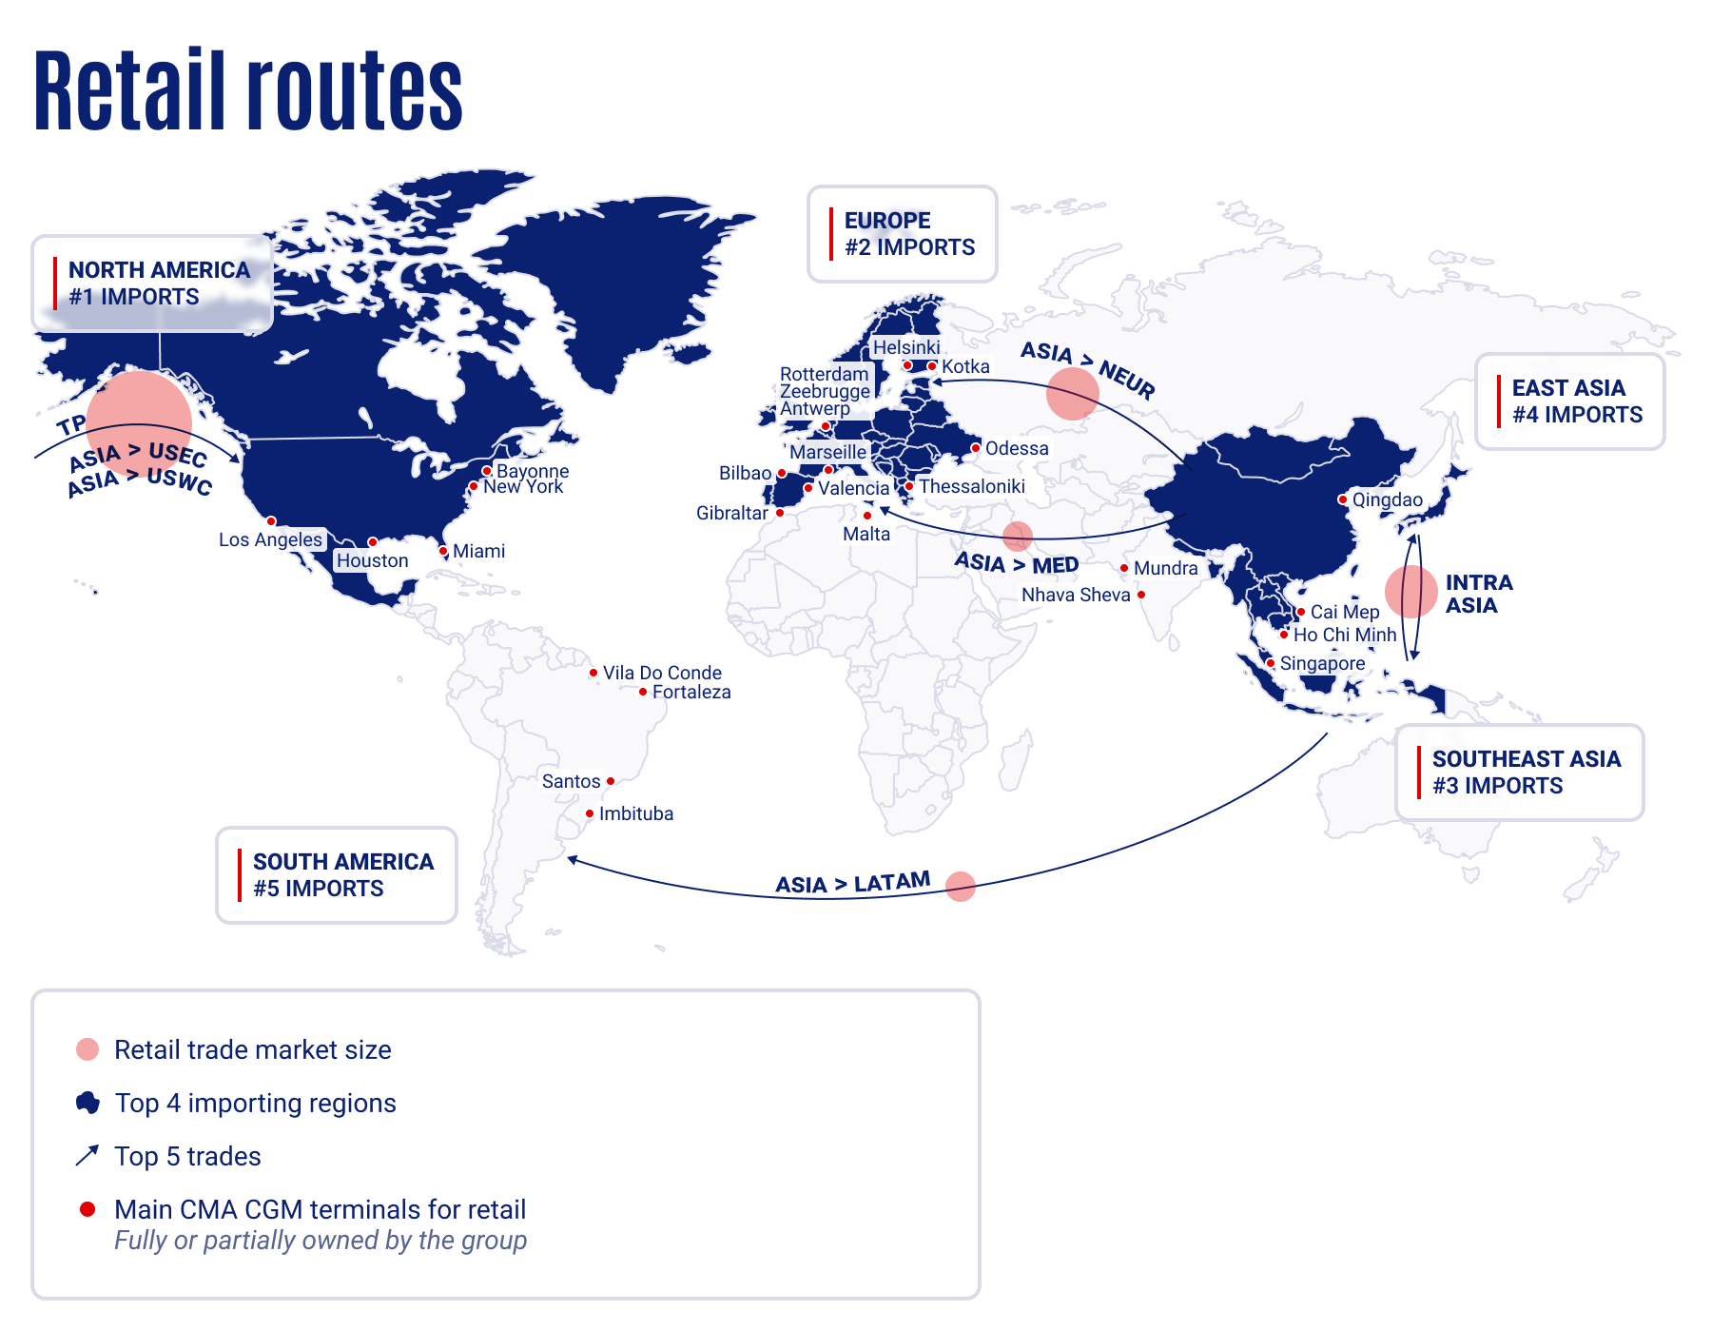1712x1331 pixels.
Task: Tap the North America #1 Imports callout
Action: (x=152, y=284)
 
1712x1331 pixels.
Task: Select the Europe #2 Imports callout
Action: (x=902, y=234)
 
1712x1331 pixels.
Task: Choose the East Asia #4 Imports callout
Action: (x=1569, y=401)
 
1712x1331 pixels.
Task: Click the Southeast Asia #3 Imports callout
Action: (x=1519, y=773)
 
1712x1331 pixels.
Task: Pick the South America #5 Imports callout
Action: (x=336, y=875)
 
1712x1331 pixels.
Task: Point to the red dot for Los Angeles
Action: (x=271, y=521)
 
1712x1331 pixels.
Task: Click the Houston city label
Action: (x=372, y=561)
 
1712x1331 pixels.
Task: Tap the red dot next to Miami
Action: (x=443, y=551)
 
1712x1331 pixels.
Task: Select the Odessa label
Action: (x=1017, y=448)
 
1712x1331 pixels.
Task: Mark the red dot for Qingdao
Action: (x=1342, y=499)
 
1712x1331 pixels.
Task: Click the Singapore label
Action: (x=1322, y=663)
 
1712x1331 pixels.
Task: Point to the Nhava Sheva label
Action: (x=1076, y=595)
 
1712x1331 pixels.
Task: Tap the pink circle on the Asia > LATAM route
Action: (x=961, y=886)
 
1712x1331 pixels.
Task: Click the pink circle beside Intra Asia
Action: (x=1410, y=592)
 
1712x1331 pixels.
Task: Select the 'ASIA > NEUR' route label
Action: (x=1088, y=369)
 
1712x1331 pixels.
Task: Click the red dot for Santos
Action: (x=611, y=781)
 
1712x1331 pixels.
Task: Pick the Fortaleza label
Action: (x=691, y=693)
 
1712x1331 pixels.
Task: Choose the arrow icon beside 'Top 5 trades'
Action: (x=87, y=1156)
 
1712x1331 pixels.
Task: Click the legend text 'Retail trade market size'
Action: (x=252, y=1049)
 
